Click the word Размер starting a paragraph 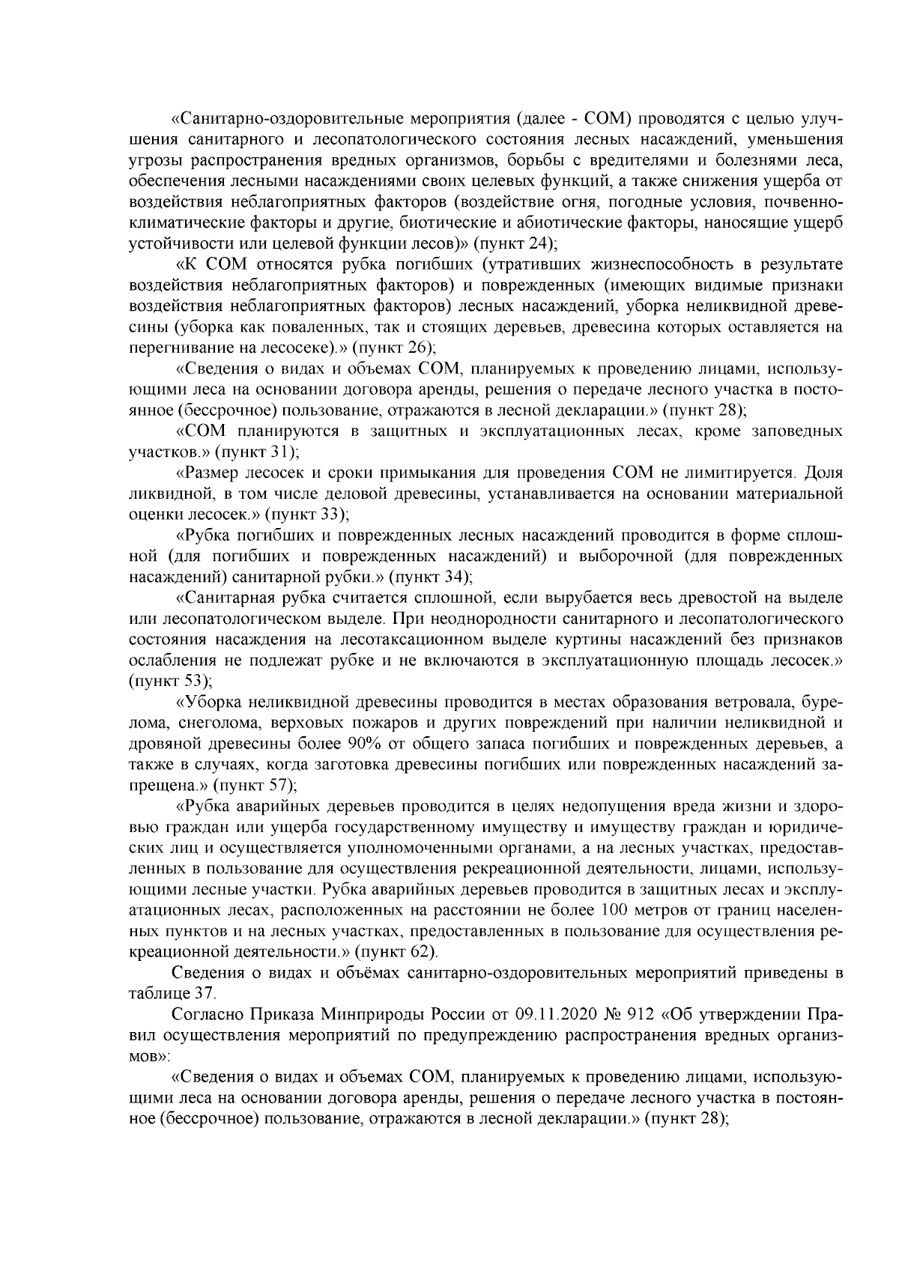coord(208,473)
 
